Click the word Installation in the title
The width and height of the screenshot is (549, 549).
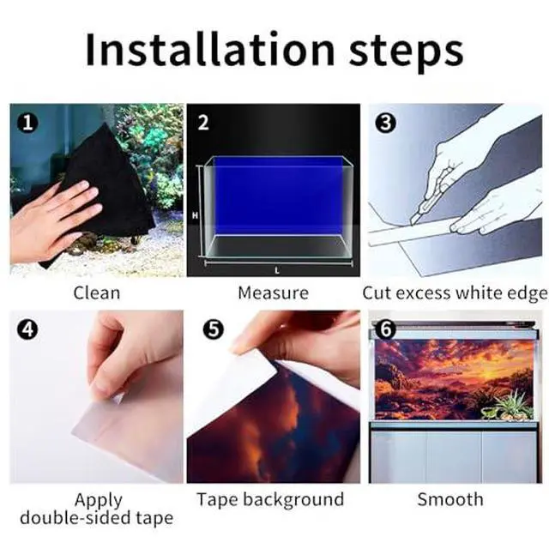coord(210,49)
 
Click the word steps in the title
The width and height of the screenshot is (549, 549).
coord(406,52)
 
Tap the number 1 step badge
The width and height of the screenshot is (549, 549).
coord(27,123)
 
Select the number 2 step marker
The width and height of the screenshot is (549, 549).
coord(203,123)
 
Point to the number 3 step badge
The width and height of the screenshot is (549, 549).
coord(386,123)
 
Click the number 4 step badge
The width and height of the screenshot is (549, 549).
coord(27,329)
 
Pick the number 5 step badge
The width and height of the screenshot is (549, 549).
coord(214,329)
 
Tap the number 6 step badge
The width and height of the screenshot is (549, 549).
coord(386,329)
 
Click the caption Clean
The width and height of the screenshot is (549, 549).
coord(97,293)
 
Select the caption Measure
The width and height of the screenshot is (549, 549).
coord(273,293)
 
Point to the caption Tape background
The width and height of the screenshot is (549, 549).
coord(270,499)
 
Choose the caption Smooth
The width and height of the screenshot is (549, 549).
coord(450,499)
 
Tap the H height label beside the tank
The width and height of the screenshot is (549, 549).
coord(195,215)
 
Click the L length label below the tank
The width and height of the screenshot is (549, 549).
coord(277,270)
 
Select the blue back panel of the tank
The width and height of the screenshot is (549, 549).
coord(278,196)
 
